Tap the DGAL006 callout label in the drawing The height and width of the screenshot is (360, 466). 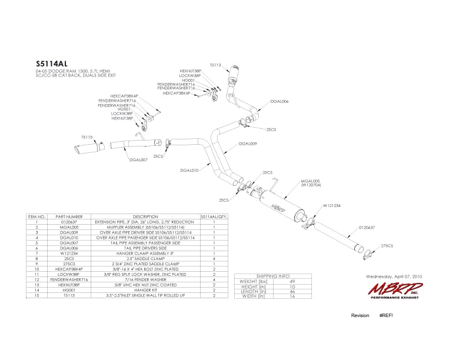pyautogui.click(x=279, y=101)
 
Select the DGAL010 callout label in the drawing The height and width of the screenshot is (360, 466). pyautogui.click(x=190, y=171)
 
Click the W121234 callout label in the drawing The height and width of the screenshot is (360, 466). pyautogui.click(x=332, y=206)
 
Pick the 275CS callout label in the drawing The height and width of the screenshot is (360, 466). pyautogui.click(x=387, y=246)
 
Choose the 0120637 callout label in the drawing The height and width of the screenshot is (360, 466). pyautogui.click(x=367, y=226)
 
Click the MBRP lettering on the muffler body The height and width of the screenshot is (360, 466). pyautogui.click(x=277, y=207)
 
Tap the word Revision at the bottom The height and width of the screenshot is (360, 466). pyautogui.click(x=360, y=316)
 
